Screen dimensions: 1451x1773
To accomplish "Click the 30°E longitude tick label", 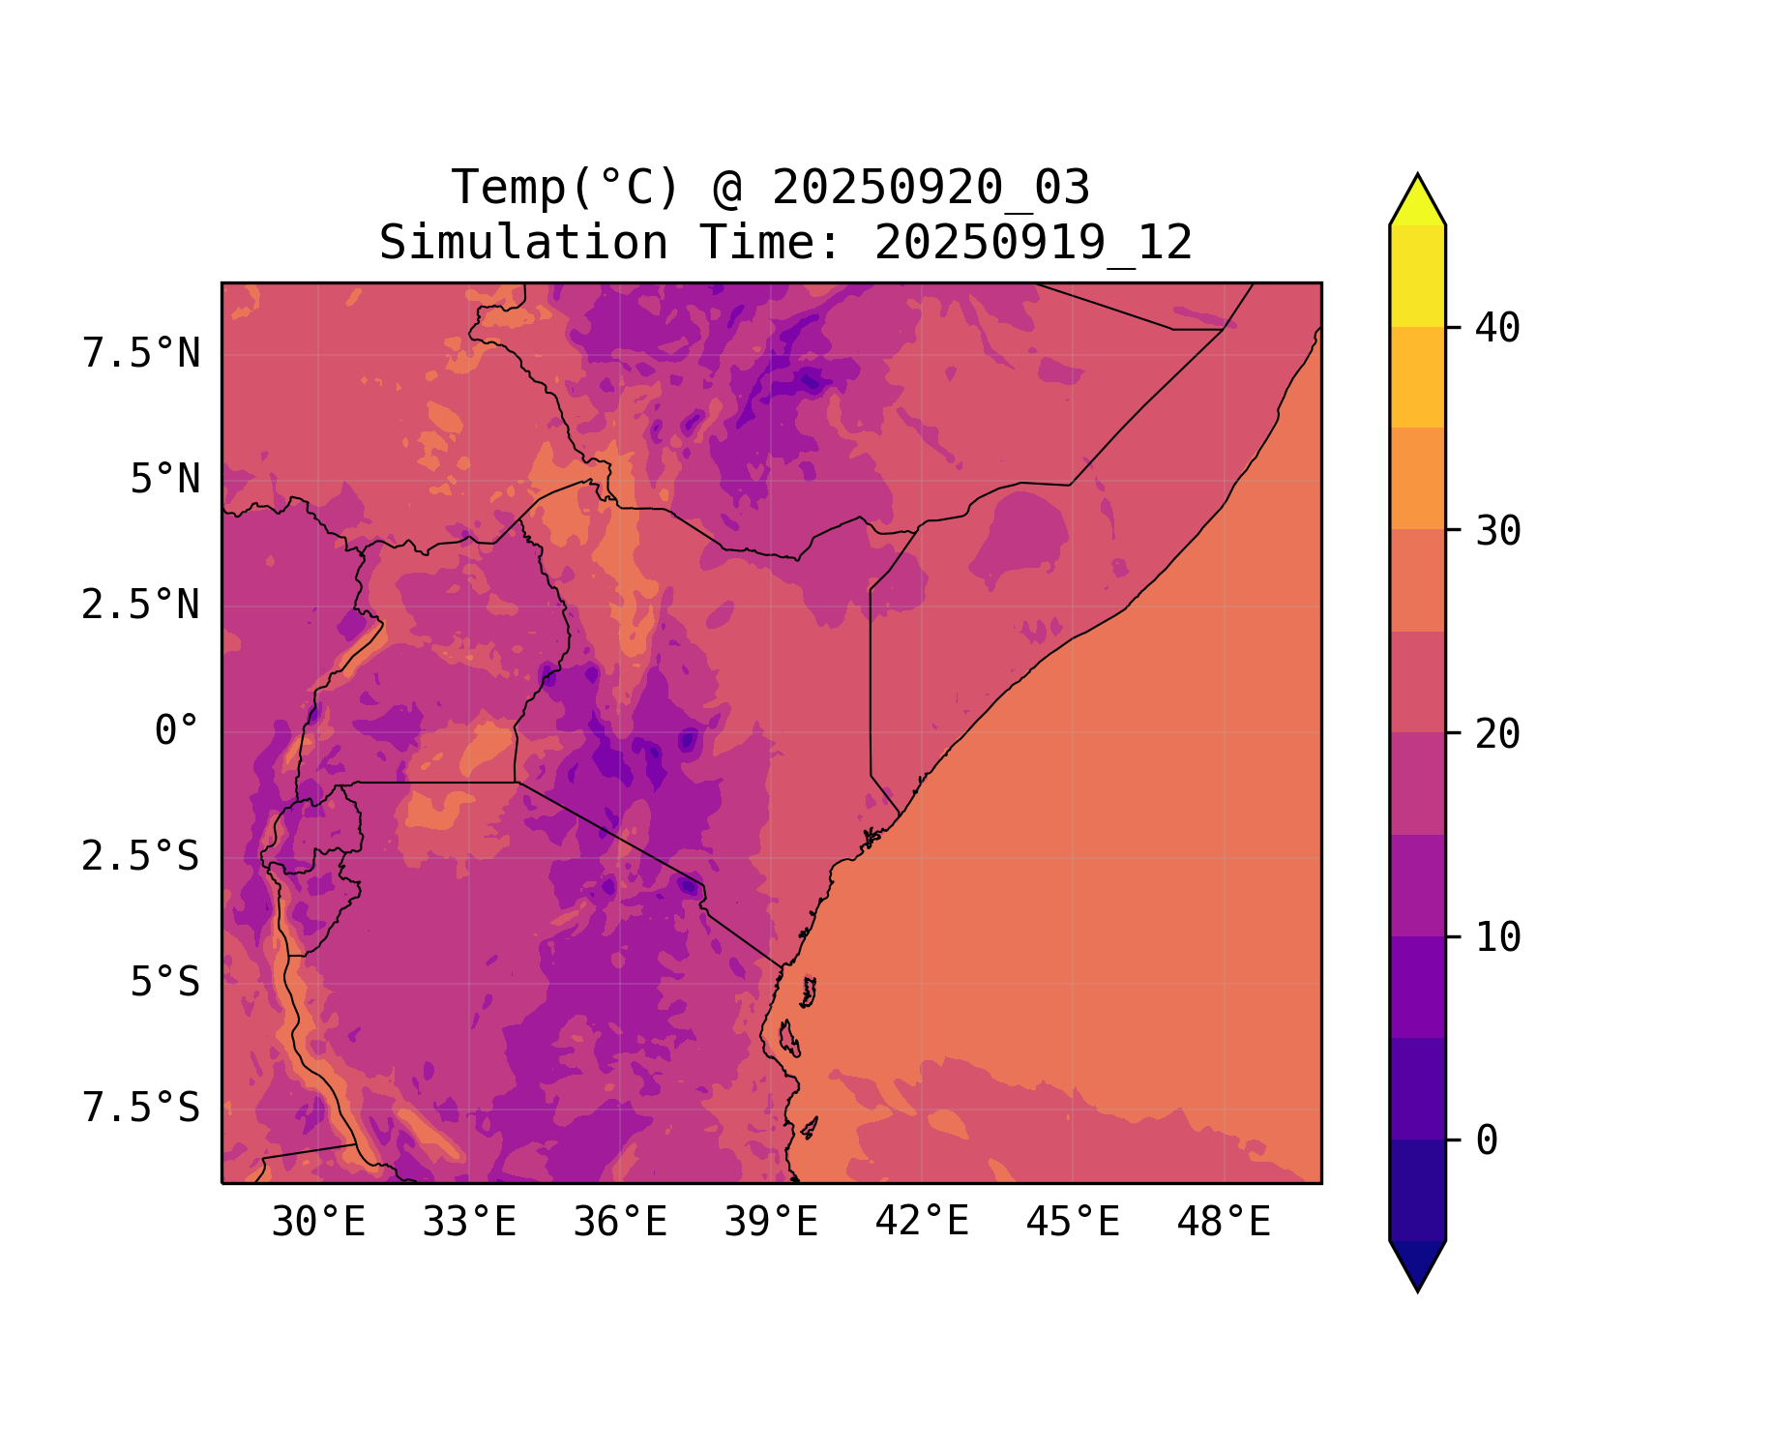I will pyautogui.click(x=318, y=1223).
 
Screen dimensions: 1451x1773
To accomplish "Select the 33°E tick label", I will pyautogui.click(x=469, y=1223).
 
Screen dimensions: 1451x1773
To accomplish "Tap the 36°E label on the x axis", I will pyautogui.click(x=620, y=1223).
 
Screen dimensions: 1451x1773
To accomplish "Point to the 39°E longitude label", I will pyautogui.click(x=771, y=1223).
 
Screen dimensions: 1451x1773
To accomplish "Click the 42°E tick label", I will pyautogui.click(x=922, y=1222).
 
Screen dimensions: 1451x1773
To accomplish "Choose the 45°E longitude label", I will pyautogui.click(x=1073, y=1223).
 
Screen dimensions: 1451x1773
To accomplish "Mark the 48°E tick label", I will pyautogui.click(x=1224, y=1223).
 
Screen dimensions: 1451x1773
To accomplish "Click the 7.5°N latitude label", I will pyautogui.click(x=141, y=354).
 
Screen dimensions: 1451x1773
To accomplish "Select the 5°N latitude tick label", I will pyautogui.click(x=165, y=480).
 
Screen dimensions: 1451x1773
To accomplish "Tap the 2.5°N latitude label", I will pyautogui.click(x=141, y=606).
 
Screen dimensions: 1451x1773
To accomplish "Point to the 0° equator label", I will pyautogui.click(x=177, y=731).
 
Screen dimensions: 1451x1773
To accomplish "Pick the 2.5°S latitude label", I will pyautogui.click(x=141, y=857).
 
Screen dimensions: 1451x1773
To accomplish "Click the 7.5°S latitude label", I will pyautogui.click(x=141, y=1109).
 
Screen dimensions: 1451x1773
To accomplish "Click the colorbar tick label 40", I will pyautogui.click(x=1497, y=328).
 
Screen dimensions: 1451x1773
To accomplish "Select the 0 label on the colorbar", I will pyautogui.click(x=1487, y=1141).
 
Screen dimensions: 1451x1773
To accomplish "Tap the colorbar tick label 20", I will pyautogui.click(x=1497, y=734).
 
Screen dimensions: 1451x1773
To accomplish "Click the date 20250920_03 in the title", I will pyautogui.click(x=931, y=188).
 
